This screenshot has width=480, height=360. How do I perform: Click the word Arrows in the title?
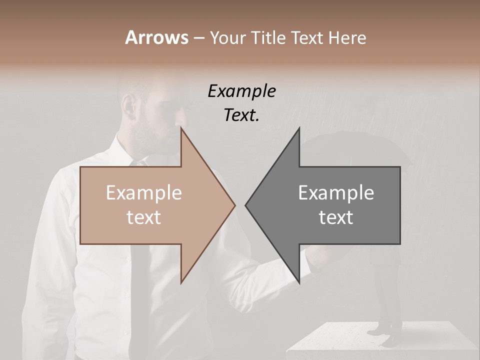[156, 37]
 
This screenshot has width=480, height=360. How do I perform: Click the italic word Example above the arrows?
[241, 91]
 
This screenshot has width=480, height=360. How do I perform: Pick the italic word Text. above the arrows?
[241, 115]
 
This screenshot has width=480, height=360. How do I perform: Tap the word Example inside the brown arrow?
[143, 193]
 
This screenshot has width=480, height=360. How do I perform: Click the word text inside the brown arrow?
[143, 217]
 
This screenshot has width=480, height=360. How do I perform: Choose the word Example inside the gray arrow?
[336, 193]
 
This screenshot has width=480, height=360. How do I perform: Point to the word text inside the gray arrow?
[336, 217]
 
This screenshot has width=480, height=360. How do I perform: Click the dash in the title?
[198, 38]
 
